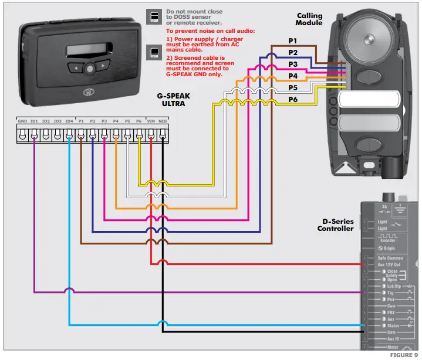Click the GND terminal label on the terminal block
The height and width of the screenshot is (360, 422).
click(22, 121)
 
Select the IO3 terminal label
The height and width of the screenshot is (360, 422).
click(58, 121)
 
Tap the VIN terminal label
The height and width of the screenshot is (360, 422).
click(151, 121)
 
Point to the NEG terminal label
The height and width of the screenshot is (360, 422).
click(163, 121)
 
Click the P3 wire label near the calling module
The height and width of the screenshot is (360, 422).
click(293, 64)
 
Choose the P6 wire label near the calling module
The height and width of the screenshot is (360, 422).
click(293, 100)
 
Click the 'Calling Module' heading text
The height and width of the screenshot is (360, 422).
click(309, 19)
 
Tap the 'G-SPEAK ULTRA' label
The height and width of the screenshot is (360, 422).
click(174, 99)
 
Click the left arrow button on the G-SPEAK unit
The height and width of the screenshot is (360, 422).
click(76, 68)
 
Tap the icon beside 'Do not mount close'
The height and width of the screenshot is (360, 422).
click(153, 16)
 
